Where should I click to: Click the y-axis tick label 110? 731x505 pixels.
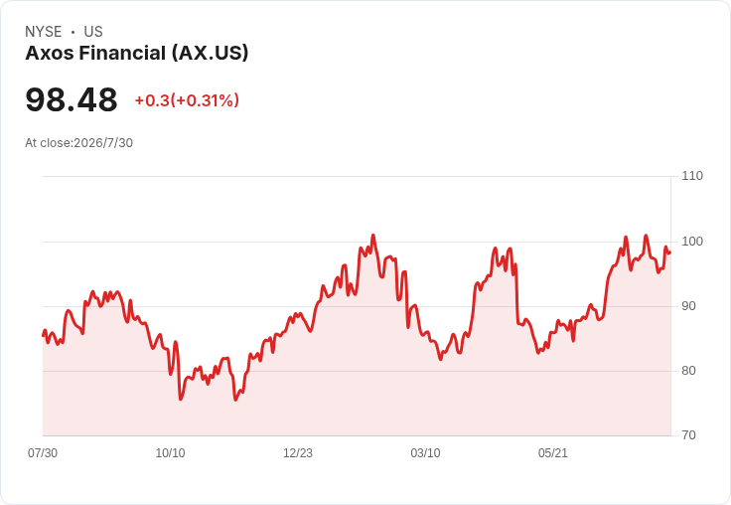point(692,176)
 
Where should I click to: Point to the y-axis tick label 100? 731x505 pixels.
point(692,242)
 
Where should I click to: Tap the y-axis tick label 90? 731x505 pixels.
point(688,306)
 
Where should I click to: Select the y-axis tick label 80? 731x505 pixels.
point(688,371)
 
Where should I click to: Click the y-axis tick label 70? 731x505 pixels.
point(688,435)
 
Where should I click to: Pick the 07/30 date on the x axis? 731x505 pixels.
point(43,453)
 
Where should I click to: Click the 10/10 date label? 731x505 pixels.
point(170,453)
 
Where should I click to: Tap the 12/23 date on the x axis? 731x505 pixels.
point(298,453)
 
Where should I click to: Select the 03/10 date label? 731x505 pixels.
point(425,453)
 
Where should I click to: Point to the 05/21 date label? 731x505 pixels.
point(553,453)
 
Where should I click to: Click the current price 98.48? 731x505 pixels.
point(72,99)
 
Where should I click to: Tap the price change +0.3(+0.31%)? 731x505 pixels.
point(187,100)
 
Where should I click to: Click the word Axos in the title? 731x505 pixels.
point(50,54)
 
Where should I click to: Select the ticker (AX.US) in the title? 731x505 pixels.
point(210,54)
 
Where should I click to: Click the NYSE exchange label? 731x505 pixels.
point(44,32)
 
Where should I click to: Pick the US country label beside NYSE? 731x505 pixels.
point(93,32)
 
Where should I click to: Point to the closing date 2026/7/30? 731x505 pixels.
point(103,143)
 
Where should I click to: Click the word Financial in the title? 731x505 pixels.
point(122,54)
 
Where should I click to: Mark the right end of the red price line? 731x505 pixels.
point(670,252)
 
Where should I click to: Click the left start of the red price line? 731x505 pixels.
point(43,335)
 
